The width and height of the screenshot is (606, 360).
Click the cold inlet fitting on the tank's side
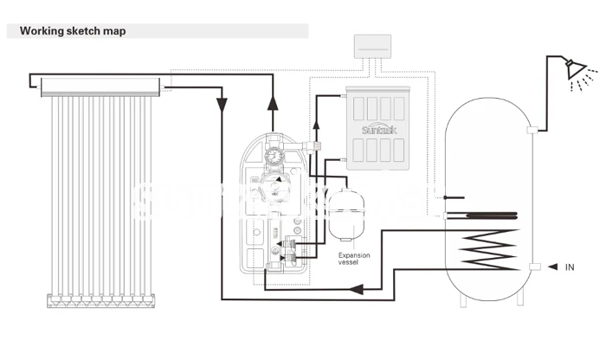pyautogui.click(x=536, y=267)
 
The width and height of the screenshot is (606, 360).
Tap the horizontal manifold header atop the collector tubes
pyautogui.click(x=95, y=85)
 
